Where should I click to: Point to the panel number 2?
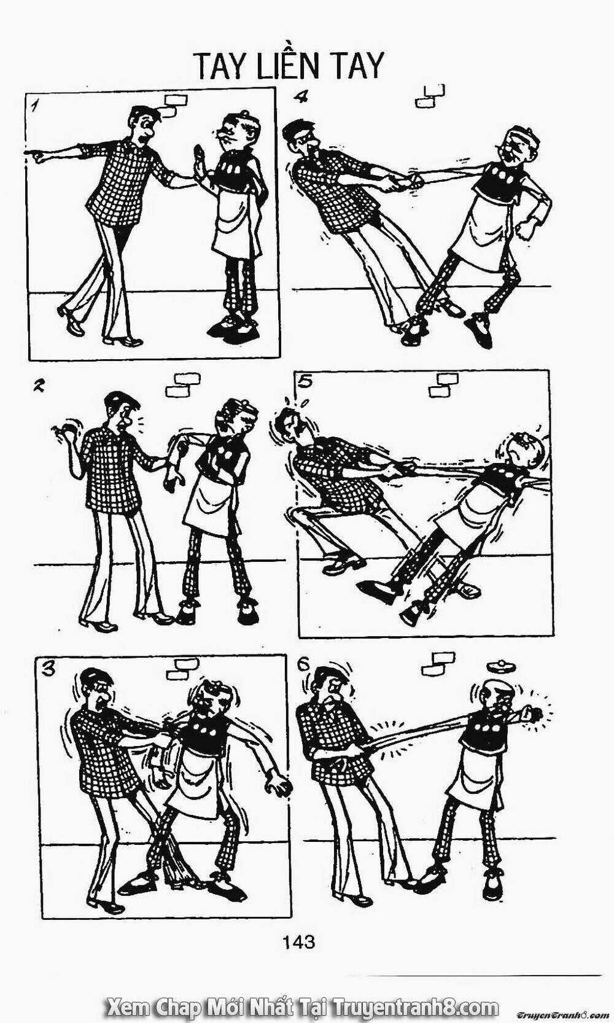tap(39, 386)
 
